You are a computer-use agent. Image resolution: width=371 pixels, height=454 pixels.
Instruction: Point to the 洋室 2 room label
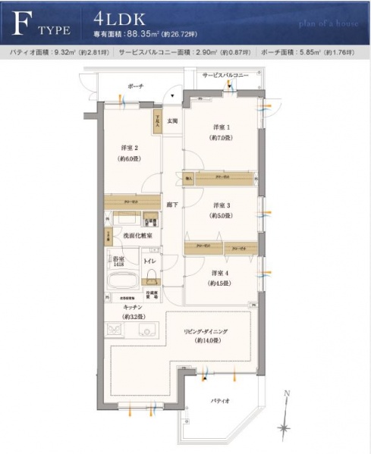[x=129, y=148]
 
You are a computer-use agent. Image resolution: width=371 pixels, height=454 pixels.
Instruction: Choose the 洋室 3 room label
[x=221, y=205]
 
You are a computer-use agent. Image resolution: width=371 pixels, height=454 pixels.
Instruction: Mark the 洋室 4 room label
[x=221, y=272]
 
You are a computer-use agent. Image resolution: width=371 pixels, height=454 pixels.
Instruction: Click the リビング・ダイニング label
[x=206, y=331]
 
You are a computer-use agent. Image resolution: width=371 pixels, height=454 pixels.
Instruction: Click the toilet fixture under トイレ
[x=152, y=281]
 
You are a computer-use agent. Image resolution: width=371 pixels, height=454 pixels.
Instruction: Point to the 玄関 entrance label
[x=172, y=121]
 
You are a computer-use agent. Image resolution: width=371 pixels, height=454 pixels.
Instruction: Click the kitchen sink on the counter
[x=148, y=329]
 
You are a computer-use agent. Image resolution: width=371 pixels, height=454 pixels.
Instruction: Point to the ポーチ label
[x=136, y=86]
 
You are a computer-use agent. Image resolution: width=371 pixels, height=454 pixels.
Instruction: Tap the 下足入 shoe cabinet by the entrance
[x=156, y=121]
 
